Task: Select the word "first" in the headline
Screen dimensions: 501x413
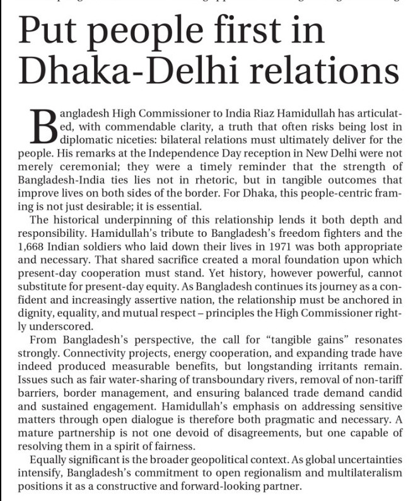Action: click(244, 32)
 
